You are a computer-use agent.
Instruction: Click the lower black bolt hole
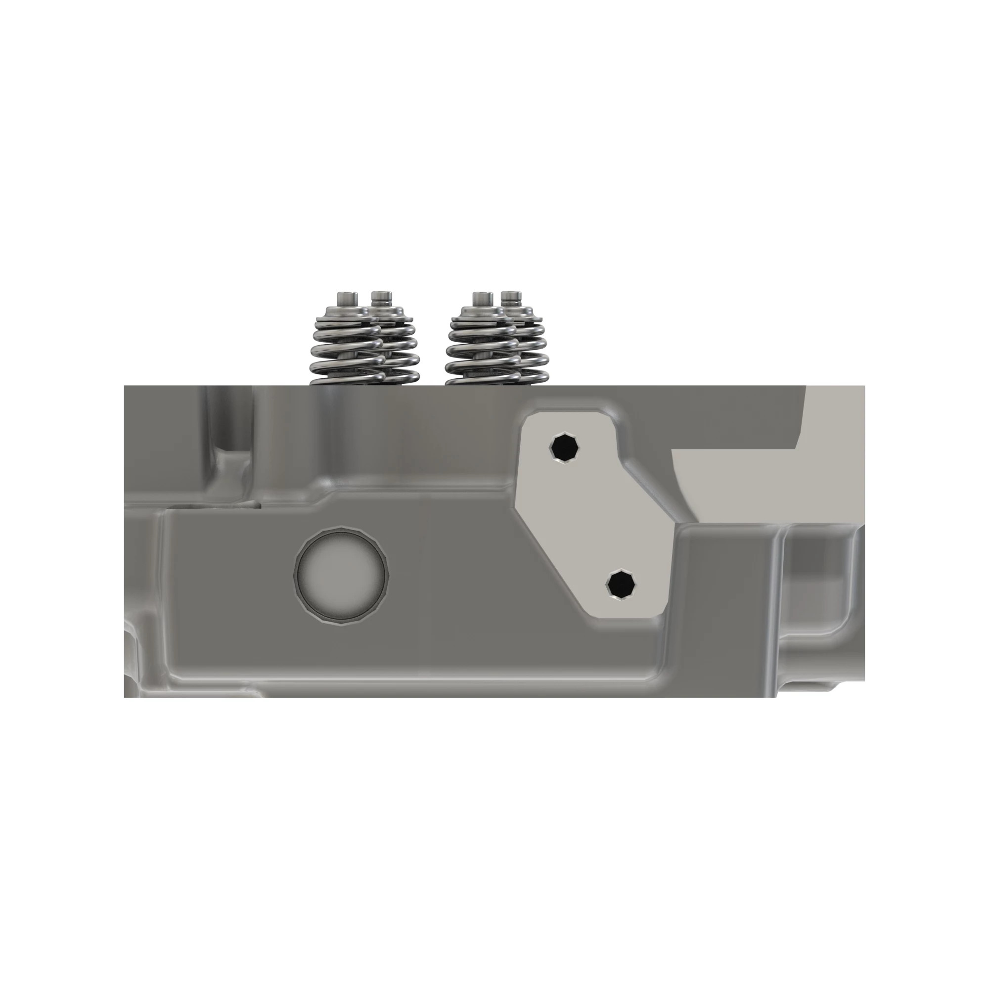coord(622,583)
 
